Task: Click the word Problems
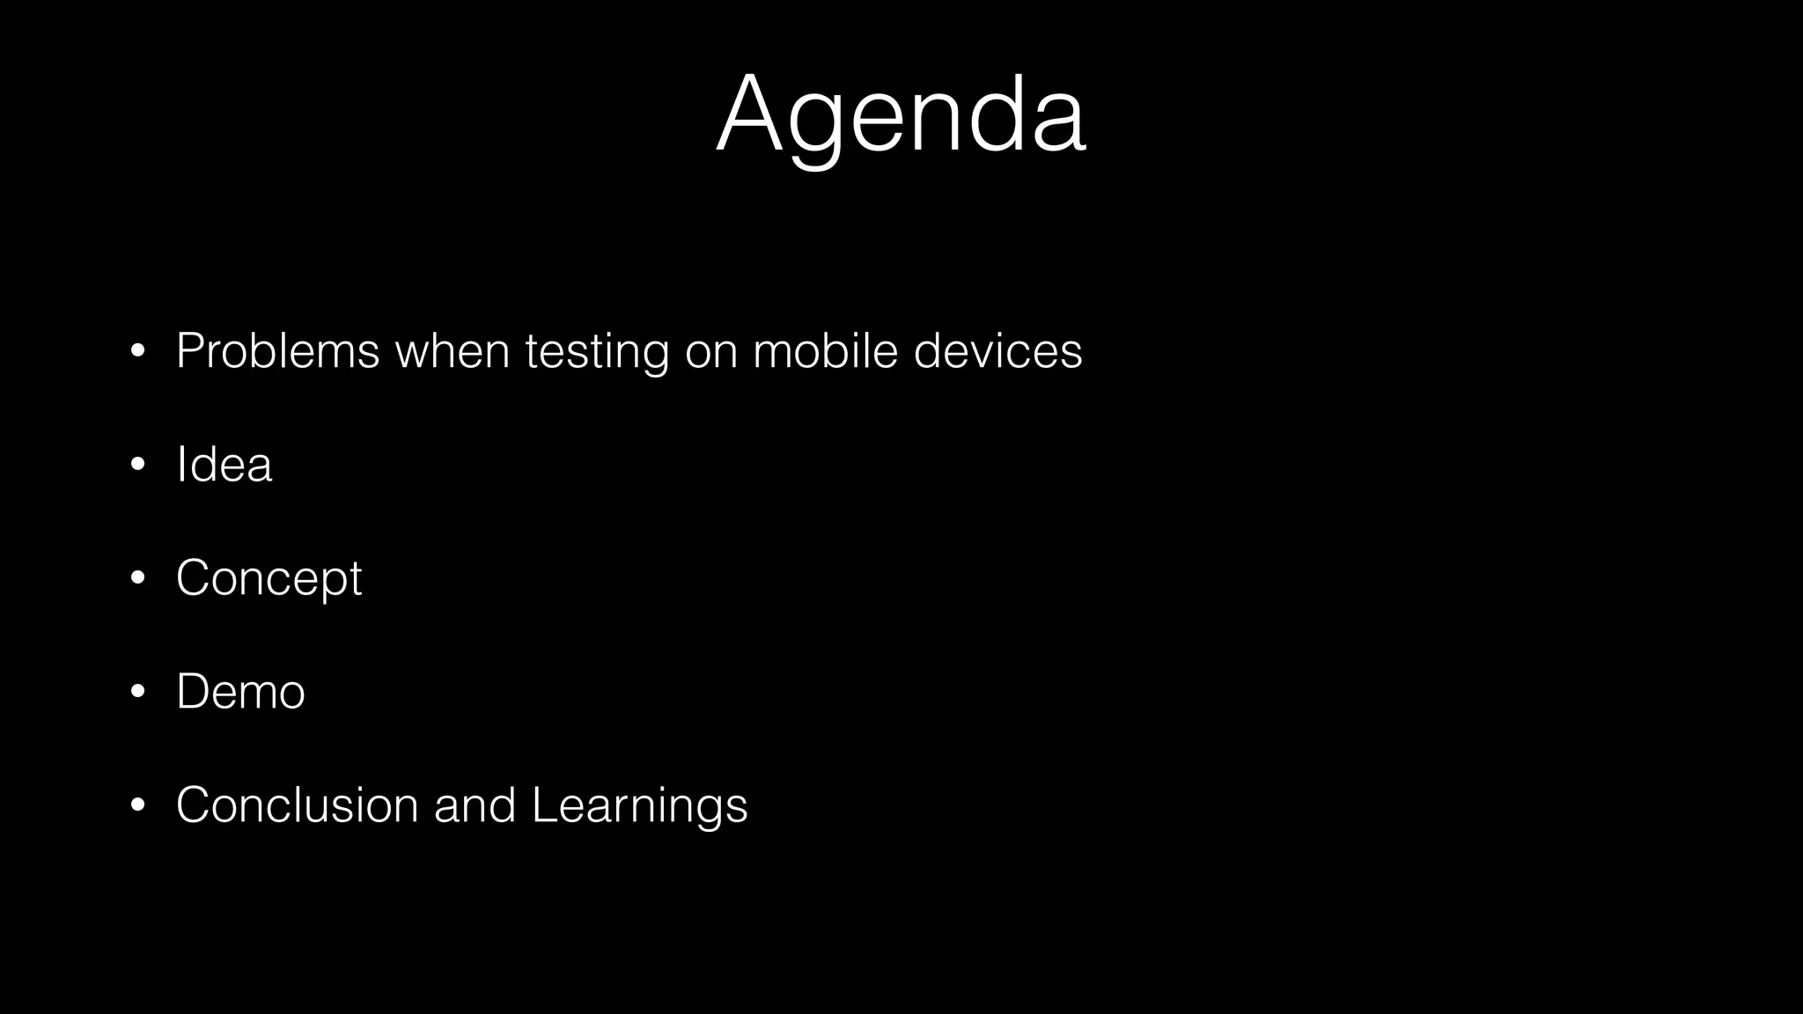point(277,351)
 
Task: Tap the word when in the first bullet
point(453,351)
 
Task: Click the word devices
point(997,351)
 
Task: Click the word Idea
point(224,465)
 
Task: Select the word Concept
point(269,579)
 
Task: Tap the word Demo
point(240,692)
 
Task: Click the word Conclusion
point(297,805)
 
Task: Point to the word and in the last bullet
point(475,805)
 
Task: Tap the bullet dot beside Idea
point(137,466)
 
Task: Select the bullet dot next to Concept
point(137,579)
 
